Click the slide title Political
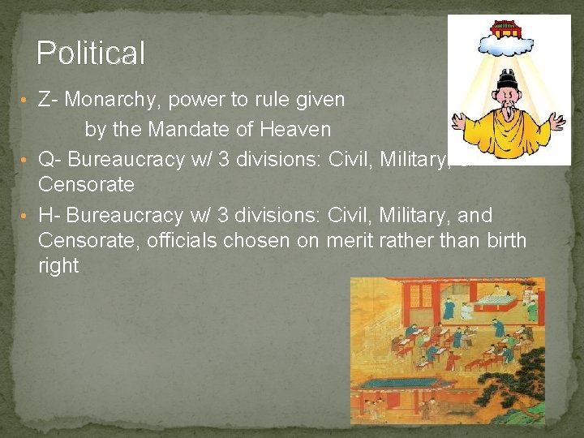tap(91, 54)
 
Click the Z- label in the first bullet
tap(48, 100)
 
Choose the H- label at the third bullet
tap(48, 215)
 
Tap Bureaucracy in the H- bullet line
tap(130, 215)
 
